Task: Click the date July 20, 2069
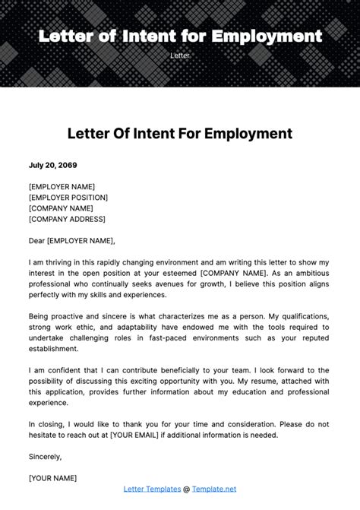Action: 52,165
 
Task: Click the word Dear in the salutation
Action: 36,240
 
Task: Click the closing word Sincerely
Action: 45,457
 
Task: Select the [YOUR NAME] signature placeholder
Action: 52,478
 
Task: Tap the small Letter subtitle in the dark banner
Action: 180,56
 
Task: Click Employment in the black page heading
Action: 244,135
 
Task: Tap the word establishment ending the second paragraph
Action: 53,349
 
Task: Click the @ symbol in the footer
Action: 187,489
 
